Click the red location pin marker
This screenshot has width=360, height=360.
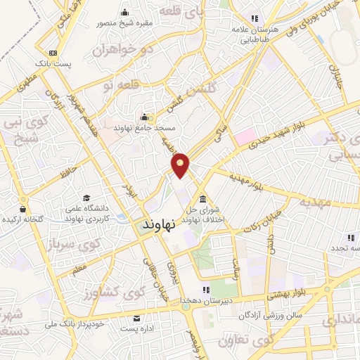coord(181,165)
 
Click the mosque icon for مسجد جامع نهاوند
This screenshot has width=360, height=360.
coord(145,116)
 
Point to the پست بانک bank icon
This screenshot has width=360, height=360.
coord(53,53)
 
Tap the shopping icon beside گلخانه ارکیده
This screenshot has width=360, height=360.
coord(23,209)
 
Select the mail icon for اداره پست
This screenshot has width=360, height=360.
coord(136,317)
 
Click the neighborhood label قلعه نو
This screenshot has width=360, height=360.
coord(97,85)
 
